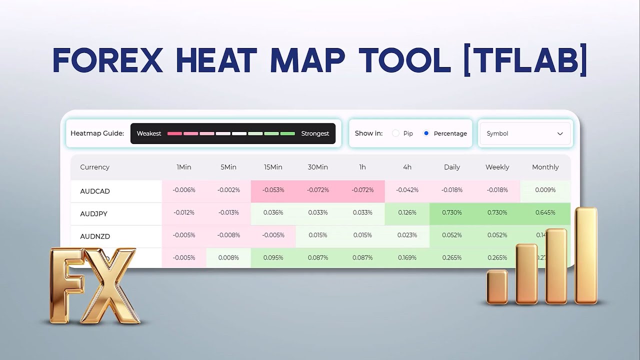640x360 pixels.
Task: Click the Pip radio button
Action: (396, 133)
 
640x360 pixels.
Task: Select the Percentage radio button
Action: (426, 133)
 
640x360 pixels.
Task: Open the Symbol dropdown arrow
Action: (560, 133)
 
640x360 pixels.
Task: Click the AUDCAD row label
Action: (95, 191)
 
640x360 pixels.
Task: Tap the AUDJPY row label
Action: (94, 213)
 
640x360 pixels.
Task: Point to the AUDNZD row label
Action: (95, 236)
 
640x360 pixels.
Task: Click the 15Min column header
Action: (273, 167)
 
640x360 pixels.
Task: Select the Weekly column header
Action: (497, 167)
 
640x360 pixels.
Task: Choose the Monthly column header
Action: (545, 167)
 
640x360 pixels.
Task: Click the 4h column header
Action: (407, 167)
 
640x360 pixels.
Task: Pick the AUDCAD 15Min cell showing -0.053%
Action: (273, 190)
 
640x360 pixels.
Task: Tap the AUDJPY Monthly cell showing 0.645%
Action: (545, 212)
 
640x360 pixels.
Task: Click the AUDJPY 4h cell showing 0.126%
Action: (407, 212)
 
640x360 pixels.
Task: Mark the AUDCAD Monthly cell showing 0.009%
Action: (545, 190)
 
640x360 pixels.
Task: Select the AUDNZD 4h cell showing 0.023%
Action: (407, 235)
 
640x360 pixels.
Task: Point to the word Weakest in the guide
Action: (149, 133)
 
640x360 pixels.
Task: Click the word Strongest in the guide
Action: (315, 133)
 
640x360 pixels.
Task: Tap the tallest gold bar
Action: (586, 255)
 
